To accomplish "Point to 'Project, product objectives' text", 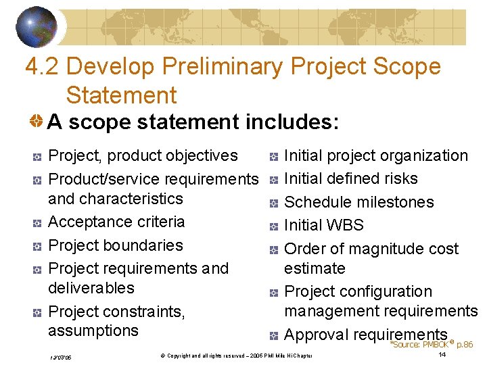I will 143,155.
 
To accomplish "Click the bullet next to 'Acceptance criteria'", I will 38,223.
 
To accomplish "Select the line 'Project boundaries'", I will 116,245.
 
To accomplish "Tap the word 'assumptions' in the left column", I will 93,331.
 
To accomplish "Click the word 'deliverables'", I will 91,288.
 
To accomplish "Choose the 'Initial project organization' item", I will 376,155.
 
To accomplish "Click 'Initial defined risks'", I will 351,178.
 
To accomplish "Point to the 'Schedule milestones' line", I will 359,202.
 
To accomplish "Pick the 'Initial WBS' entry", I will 324,225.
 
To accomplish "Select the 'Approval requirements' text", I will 366,335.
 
